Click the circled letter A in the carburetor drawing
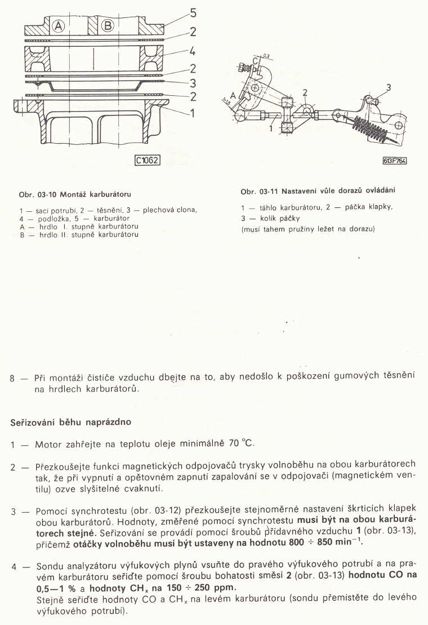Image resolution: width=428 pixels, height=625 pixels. [59, 25]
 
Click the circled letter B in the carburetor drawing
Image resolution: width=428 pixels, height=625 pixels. [108, 25]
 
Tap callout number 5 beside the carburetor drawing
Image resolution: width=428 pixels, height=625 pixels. [194, 11]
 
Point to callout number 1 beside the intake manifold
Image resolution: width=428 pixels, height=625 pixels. [192, 113]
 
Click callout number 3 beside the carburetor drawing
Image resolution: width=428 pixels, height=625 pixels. [192, 83]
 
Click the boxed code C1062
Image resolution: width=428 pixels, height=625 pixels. [148, 160]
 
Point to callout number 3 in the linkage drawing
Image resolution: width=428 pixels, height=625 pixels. [388, 87]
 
